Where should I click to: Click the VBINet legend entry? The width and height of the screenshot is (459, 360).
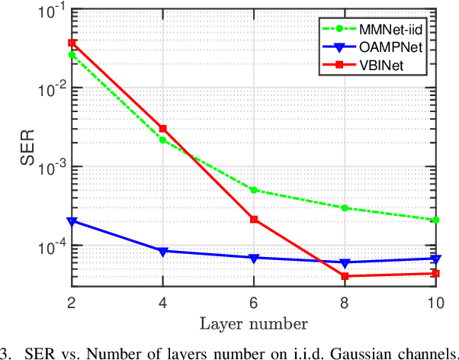click(x=398, y=66)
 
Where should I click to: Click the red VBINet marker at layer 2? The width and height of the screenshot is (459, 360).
click(x=72, y=43)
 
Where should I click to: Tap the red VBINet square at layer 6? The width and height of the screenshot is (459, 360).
click(x=253, y=220)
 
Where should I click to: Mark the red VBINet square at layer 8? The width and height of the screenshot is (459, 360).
click(x=344, y=276)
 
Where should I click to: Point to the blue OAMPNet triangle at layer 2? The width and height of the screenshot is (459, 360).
click(x=72, y=221)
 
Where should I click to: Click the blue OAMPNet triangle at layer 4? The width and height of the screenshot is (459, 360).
click(x=162, y=251)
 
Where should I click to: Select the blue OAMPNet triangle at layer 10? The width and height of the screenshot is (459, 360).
click(x=435, y=259)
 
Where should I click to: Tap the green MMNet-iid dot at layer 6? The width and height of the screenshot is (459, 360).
click(x=253, y=190)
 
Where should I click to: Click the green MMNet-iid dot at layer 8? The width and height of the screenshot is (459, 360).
click(x=344, y=207)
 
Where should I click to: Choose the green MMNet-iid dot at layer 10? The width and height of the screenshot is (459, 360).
click(x=435, y=220)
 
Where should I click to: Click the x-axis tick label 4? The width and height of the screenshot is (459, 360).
click(x=162, y=301)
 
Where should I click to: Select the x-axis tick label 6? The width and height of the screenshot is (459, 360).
click(x=253, y=301)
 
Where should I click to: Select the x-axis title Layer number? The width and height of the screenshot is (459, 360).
click(x=253, y=323)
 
